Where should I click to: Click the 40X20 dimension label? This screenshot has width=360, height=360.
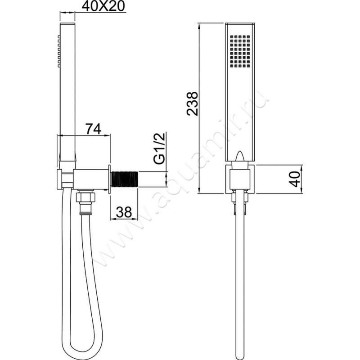[103, 6]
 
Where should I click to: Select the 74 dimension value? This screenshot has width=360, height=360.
[94, 129]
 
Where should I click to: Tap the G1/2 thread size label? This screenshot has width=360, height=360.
[160, 148]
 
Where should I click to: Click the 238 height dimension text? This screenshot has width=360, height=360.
[192, 103]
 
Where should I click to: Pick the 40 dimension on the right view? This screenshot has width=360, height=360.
[295, 179]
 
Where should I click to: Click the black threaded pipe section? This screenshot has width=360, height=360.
[125, 179]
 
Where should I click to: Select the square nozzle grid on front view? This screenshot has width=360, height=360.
[240, 51]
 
